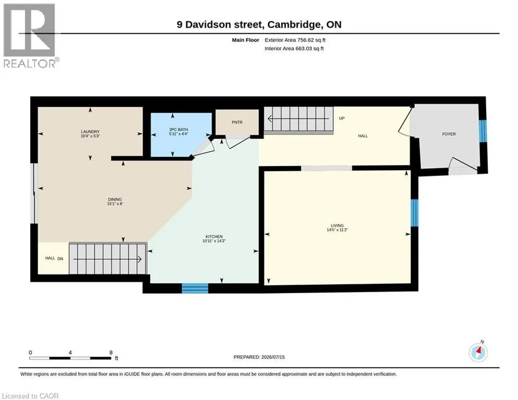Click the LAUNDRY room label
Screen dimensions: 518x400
click(90, 132)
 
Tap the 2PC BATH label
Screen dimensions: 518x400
click(179, 130)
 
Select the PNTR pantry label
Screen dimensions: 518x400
click(237, 122)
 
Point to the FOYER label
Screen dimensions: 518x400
click(449, 134)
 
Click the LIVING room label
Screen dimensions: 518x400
click(337, 226)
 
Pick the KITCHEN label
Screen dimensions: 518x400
click(214, 236)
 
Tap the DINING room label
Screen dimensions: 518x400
click(115, 199)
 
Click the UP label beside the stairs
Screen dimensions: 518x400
click(342, 118)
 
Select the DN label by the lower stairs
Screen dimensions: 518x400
click(60, 258)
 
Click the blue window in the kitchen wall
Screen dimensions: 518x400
click(195, 288)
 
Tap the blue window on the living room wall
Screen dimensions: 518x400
click(414, 213)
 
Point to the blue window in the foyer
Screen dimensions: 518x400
click(483, 131)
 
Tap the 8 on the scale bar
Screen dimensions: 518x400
click(111, 353)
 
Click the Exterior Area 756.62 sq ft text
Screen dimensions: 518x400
click(295, 40)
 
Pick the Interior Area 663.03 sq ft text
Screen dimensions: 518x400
click(294, 48)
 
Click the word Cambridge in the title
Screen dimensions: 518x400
click(294, 25)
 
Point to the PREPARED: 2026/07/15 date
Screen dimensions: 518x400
click(259, 357)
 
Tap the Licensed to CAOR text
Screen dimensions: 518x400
click(30, 396)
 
